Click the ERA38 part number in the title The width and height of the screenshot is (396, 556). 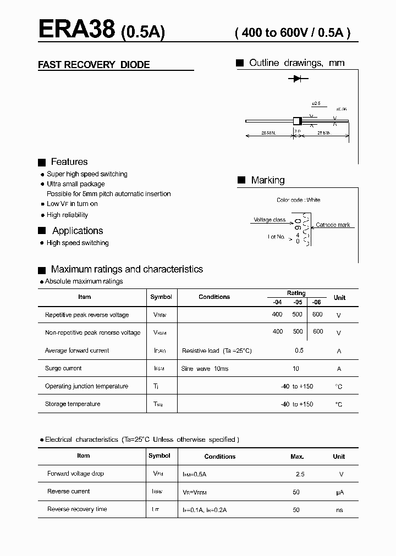pyautogui.click(x=76, y=30)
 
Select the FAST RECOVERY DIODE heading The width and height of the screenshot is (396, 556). pyautogui.click(x=94, y=65)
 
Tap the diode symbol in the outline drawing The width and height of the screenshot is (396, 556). pyautogui.click(x=298, y=79)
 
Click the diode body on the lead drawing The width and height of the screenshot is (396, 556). pyautogui.click(x=297, y=121)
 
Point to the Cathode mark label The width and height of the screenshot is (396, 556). pyautogui.click(x=333, y=225)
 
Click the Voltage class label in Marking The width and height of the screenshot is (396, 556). pyautogui.click(x=269, y=220)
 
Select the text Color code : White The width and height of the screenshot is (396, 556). pyautogui.click(x=298, y=200)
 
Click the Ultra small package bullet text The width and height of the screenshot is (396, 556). pyautogui.click(x=75, y=184)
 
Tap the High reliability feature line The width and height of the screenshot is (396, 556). pyautogui.click(x=67, y=215)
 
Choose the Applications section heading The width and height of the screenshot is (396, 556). pyautogui.click(x=78, y=231)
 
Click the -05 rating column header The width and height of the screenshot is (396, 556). pyautogui.click(x=298, y=302)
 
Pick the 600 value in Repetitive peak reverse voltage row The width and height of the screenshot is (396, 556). pyautogui.click(x=317, y=314)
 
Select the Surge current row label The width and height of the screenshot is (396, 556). pyautogui.click(x=63, y=368)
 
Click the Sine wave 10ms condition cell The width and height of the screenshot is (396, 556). pyautogui.click(x=205, y=369)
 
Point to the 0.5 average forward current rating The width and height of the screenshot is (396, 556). pyautogui.click(x=299, y=351)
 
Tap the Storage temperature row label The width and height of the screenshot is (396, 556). pyautogui.click(x=73, y=404)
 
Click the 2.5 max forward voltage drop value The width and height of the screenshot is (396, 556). pyautogui.click(x=300, y=474)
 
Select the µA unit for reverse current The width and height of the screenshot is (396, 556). pyautogui.click(x=339, y=492)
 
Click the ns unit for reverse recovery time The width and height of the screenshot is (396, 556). pyautogui.click(x=339, y=510)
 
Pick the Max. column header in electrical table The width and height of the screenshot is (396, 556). pyautogui.click(x=297, y=457)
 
